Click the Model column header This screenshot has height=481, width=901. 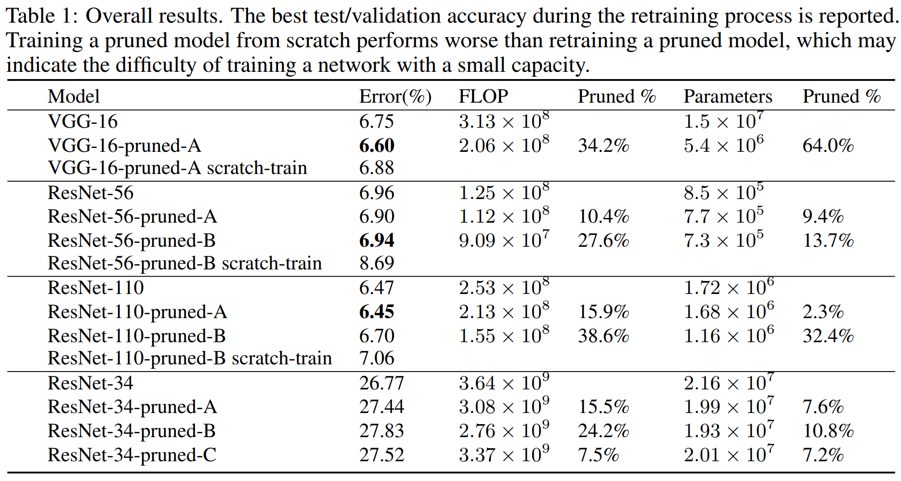pyautogui.click(x=73, y=96)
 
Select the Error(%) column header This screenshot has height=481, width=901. pyautogui.click(x=395, y=96)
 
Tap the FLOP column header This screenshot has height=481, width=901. pyautogui.click(x=483, y=96)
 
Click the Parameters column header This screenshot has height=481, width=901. pyautogui.click(x=728, y=96)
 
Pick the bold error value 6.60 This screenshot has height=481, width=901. pyautogui.click(x=377, y=146)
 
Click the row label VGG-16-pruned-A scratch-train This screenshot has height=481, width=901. pyautogui.click(x=177, y=168)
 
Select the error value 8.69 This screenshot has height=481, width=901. pyautogui.click(x=377, y=263)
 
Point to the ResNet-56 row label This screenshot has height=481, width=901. pyautogui.click(x=91, y=193)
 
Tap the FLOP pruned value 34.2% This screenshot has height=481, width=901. pyautogui.click(x=603, y=146)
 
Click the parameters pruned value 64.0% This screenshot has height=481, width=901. pyautogui.click(x=828, y=146)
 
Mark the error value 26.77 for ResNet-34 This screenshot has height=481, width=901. pyautogui.click(x=381, y=383)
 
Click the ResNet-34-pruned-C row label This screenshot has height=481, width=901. pyautogui.click(x=132, y=455)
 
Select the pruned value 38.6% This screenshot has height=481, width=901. pyautogui.click(x=603, y=336)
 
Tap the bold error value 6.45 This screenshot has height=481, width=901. pyautogui.click(x=377, y=312)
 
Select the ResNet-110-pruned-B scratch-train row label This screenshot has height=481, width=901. pyautogui.click(x=190, y=359)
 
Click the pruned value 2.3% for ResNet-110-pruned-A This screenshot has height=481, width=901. pyautogui.click(x=823, y=312)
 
